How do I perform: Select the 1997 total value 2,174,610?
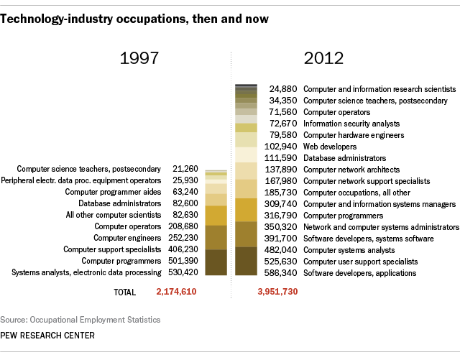pyautogui.click(x=176, y=292)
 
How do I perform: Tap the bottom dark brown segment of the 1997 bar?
pyautogui.click(x=216, y=262)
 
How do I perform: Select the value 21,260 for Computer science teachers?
pyautogui.click(x=183, y=170)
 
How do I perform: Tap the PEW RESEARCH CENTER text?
pyautogui.click(x=48, y=336)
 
